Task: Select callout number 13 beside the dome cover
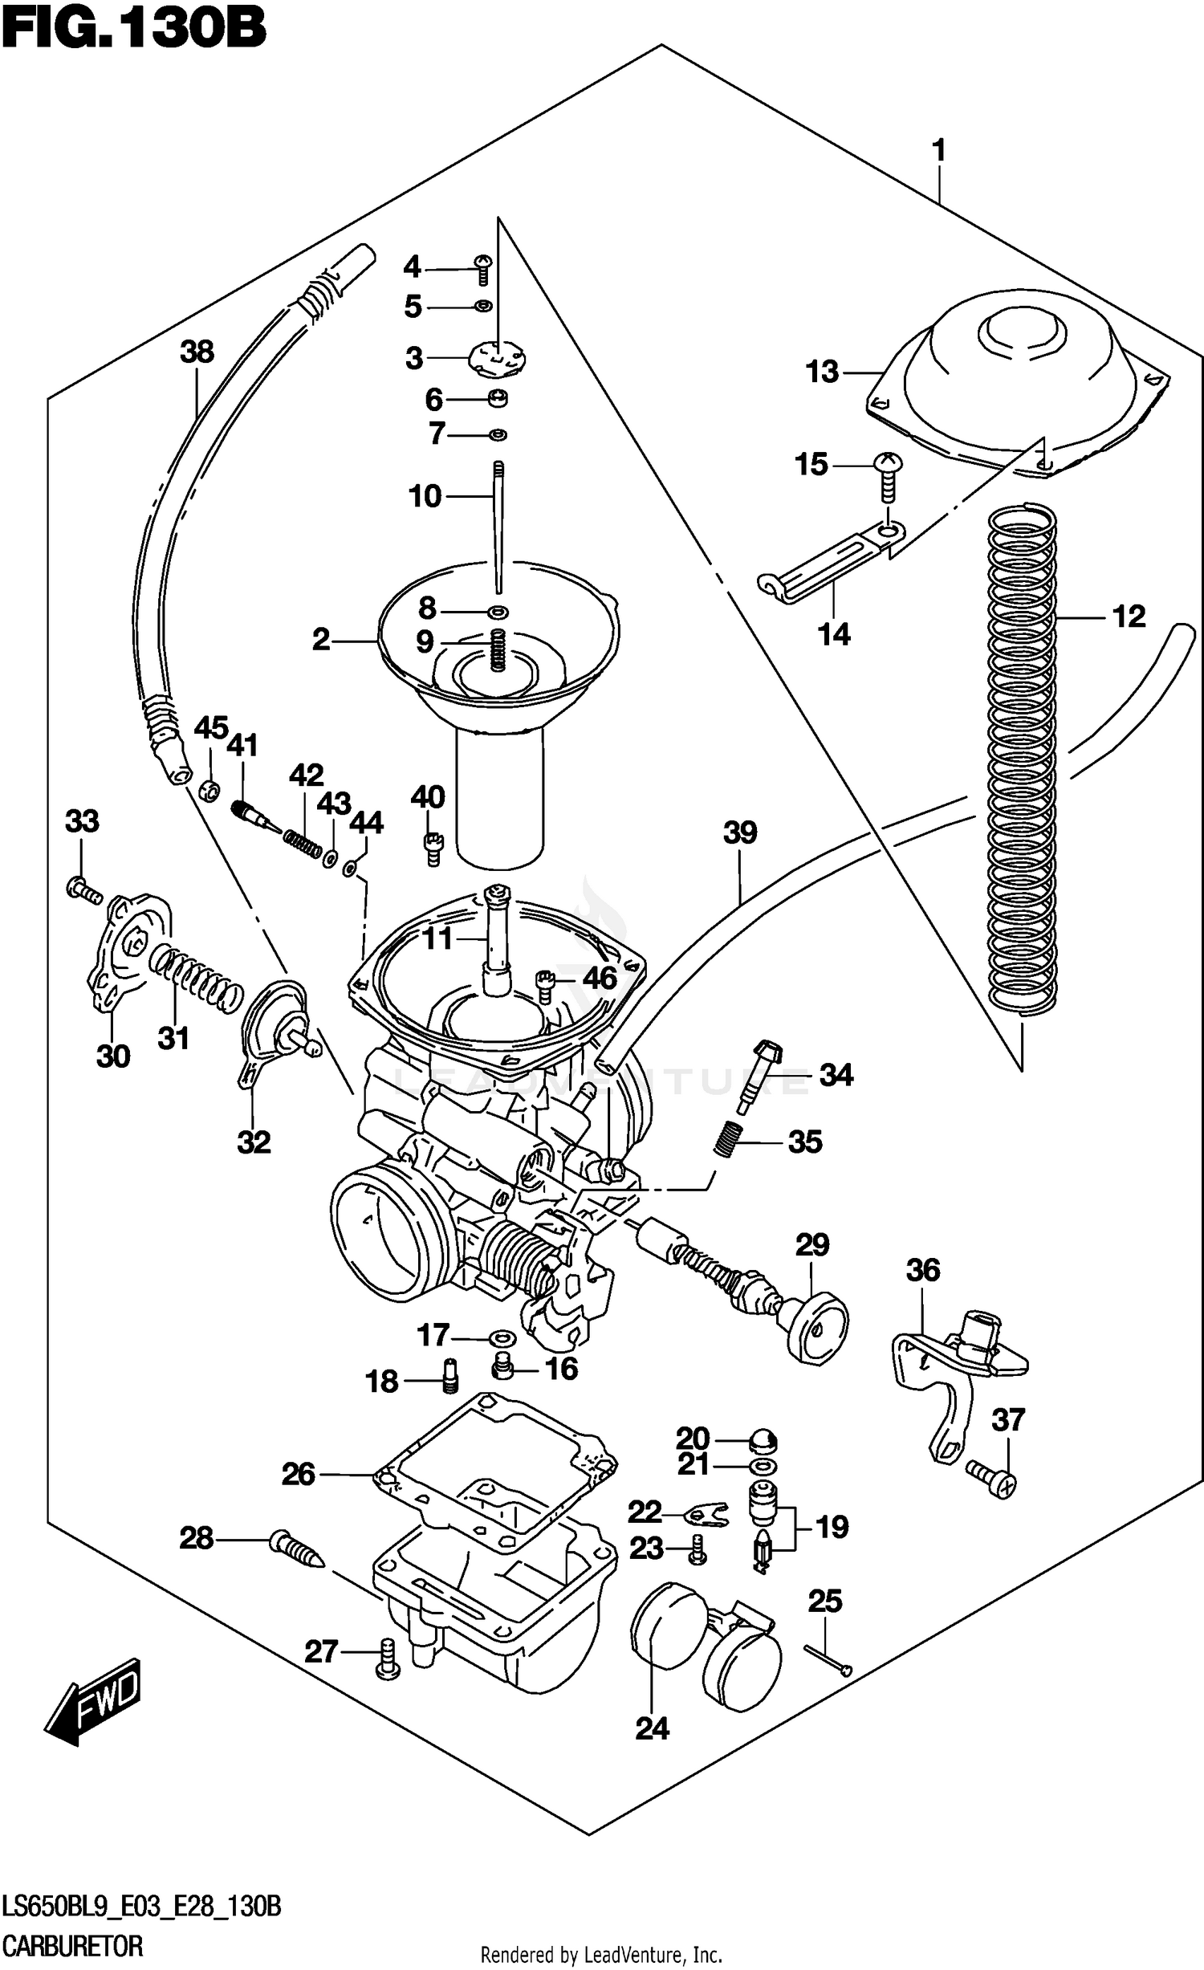point(822,372)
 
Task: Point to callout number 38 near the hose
point(197,352)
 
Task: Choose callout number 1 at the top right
point(938,150)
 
